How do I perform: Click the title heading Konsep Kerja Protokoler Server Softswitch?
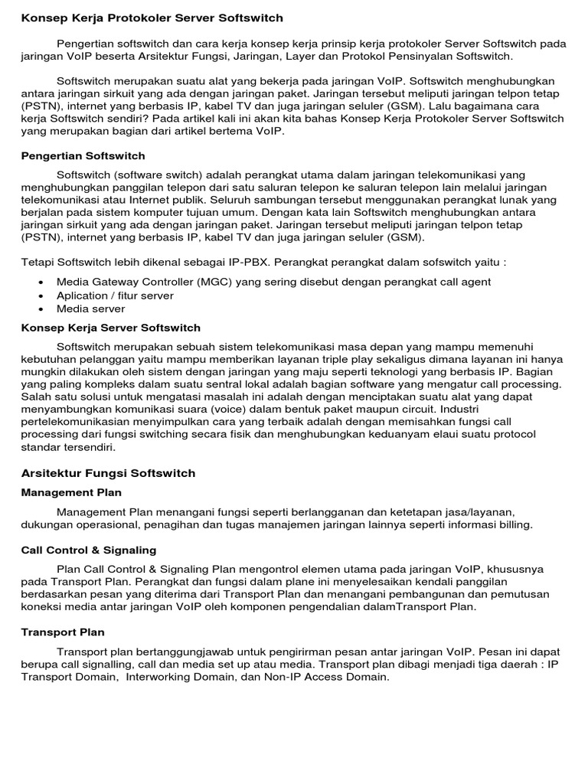152,17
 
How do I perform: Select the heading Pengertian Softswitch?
83,156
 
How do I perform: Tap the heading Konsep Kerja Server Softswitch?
110,328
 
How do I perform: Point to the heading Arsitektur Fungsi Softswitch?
108,473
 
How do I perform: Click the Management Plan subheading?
71,492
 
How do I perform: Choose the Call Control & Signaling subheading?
89,550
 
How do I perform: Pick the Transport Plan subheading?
63,632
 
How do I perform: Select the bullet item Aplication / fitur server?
115,296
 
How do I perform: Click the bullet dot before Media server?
39,309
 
